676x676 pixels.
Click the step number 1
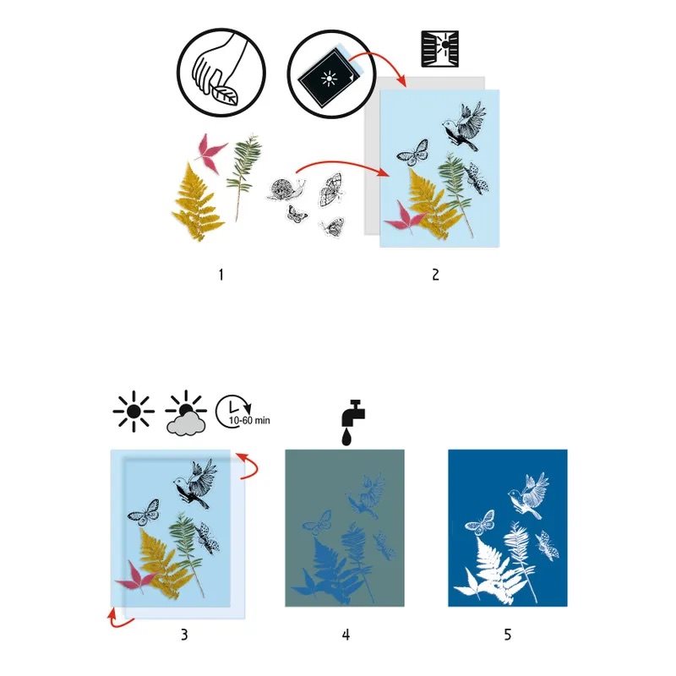221,275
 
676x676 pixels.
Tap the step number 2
435,275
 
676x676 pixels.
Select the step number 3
184,635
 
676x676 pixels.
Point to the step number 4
346,635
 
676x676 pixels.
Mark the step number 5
508,635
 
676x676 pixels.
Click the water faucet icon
353,422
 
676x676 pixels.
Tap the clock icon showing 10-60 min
243,412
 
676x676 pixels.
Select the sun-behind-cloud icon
186,413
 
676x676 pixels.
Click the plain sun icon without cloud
134,412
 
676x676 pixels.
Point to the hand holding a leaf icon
221,73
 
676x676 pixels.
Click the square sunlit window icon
439,49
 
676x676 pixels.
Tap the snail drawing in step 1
286,188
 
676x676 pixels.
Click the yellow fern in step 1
197,202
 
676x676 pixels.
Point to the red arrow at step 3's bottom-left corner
117,619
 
